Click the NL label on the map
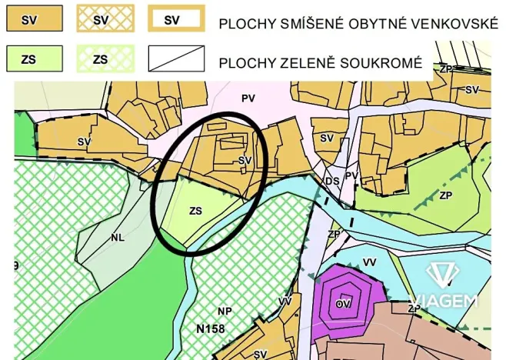[x=117, y=238]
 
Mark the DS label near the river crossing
[x=332, y=181]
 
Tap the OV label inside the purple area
[x=344, y=304]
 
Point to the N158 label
[x=210, y=328]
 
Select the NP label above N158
[x=225, y=311]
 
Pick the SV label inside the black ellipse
[x=245, y=160]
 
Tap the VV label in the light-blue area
[x=369, y=262]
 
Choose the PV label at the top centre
[x=247, y=98]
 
